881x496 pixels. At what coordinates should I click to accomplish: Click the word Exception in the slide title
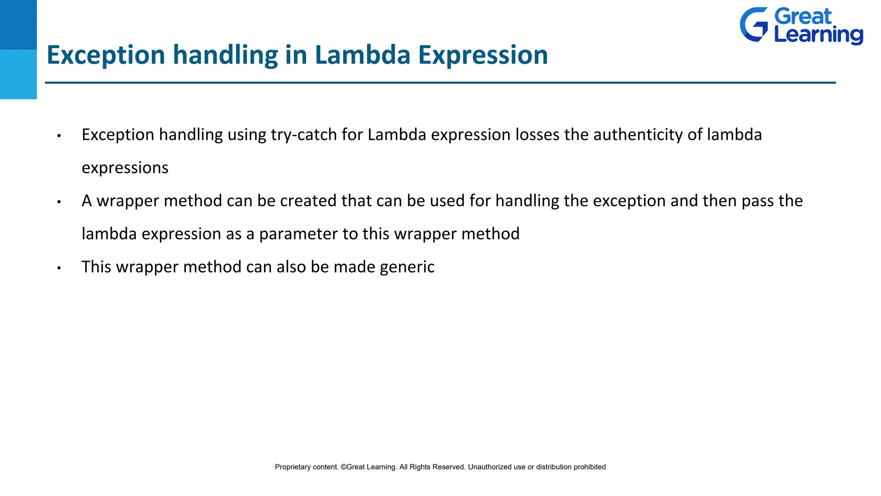coord(106,55)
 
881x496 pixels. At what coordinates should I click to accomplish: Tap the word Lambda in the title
coord(362,55)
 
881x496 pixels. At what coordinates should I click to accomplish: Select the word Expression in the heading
coord(483,55)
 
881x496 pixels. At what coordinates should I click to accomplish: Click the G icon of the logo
coord(754,25)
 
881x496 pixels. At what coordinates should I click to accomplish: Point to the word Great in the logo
coord(803,17)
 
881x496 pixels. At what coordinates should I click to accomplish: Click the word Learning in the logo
coord(818,35)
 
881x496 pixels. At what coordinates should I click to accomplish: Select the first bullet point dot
coord(59,136)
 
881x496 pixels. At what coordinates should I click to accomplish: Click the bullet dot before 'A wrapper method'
coord(59,202)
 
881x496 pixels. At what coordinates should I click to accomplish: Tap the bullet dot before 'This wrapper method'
coord(59,268)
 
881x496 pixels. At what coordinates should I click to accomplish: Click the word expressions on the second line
coord(125,168)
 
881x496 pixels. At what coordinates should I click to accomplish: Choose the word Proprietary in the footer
coord(293,467)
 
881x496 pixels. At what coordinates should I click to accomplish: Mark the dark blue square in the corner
coord(18,25)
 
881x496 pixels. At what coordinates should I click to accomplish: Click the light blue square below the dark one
coord(18,74)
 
